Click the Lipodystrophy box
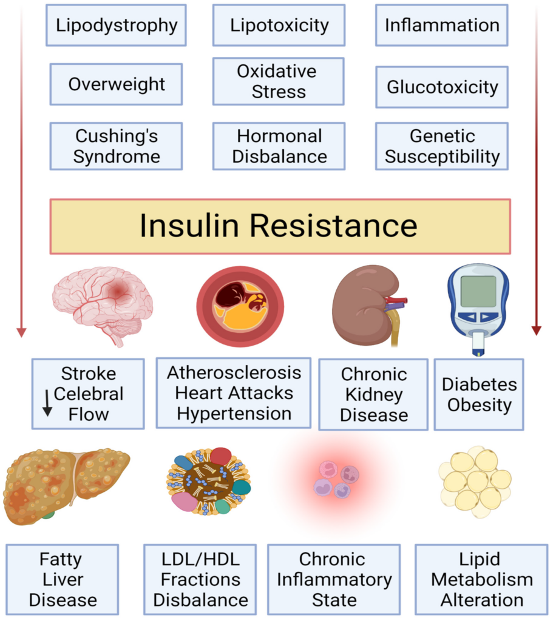tap(116, 25)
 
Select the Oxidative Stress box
tap(279, 81)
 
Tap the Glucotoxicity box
tap(442, 87)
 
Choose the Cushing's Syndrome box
tap(116, 146)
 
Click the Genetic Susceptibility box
tap(442, 146)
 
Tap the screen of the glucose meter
tap(478, 290)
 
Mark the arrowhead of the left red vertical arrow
tap(21, 332)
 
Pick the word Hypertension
tap(234, 414)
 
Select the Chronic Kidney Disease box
tap(373, 394)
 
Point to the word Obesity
tap(479, 404)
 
